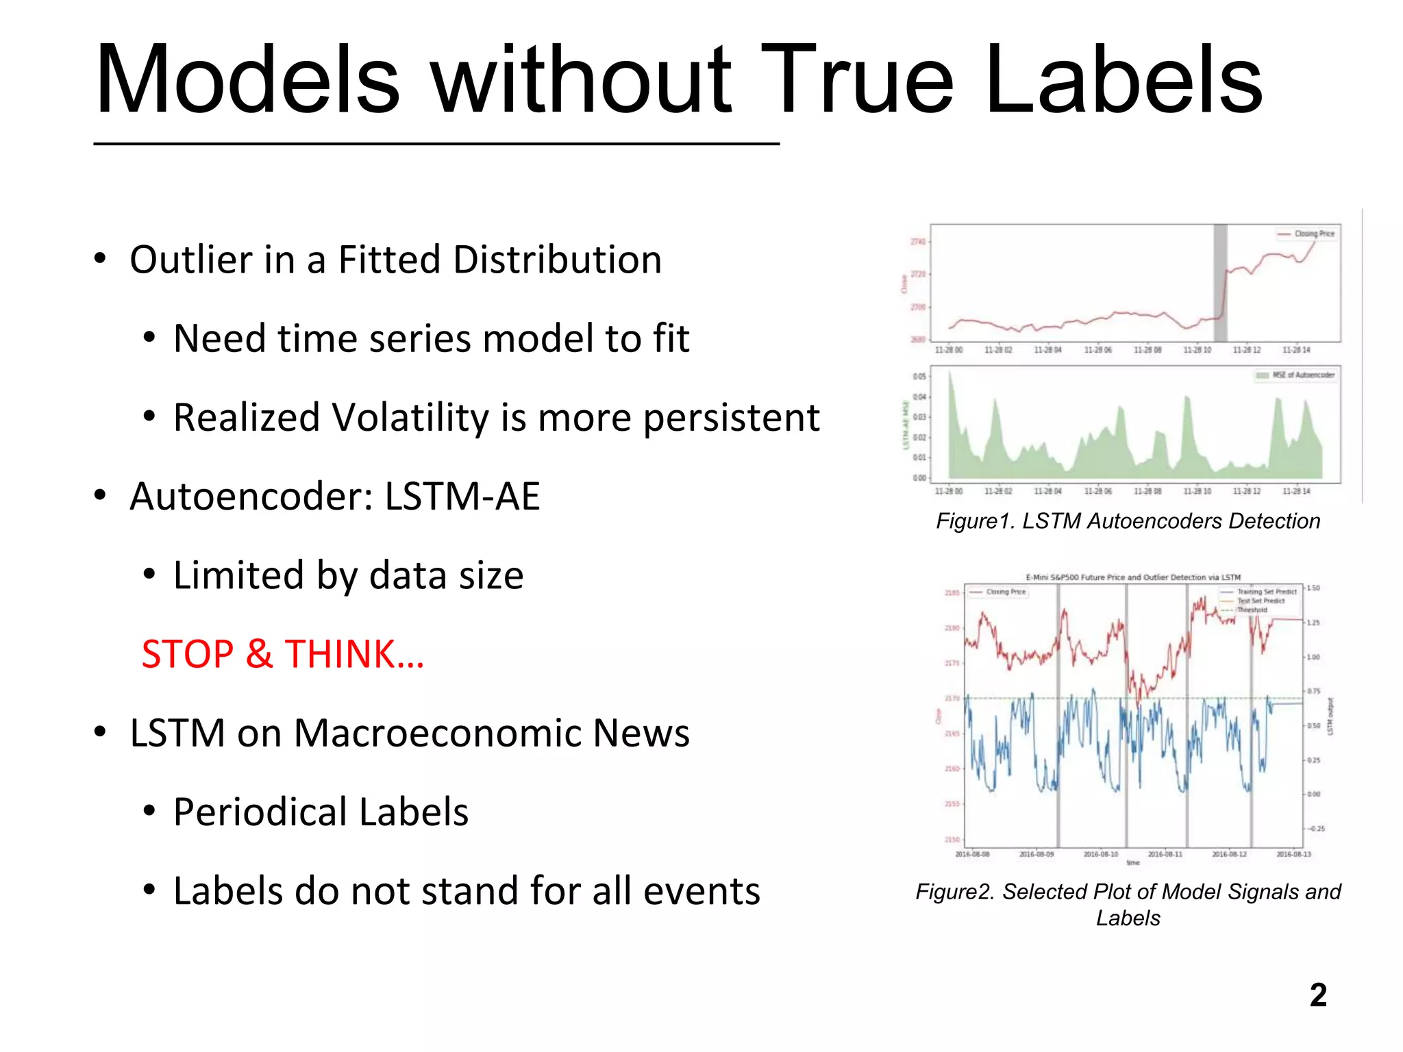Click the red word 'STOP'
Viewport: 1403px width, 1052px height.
coord(187,654)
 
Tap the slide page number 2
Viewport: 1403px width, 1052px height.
coord(1317,995)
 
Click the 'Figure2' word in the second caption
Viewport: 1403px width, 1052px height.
coord(954,892)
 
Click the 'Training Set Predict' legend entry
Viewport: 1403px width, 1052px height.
coord(1266,591)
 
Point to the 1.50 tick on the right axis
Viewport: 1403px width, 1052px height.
coord(1313,588)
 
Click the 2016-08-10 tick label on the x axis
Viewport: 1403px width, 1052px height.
coord(1100,854)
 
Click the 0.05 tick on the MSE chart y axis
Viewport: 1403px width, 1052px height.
coord(919,377)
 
